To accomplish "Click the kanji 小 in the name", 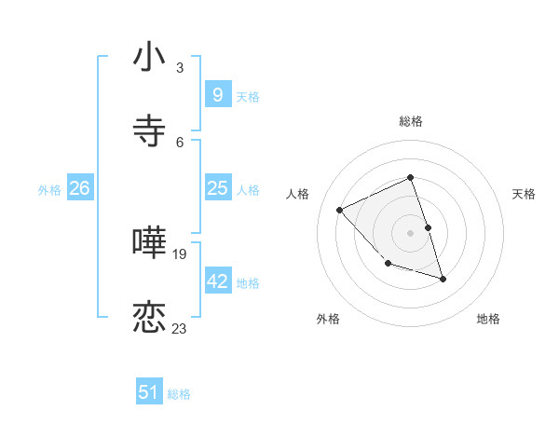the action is pyautogui.click(x=150, y=58).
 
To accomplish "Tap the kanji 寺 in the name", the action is pyautogui.click(x=150, y=130).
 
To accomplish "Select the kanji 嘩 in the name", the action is pyautogui.click(x=150, y=243).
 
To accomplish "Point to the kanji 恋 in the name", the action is pyautogui.click(x=150, y=317).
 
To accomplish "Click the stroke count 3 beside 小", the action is pyautogui.click(x=180, y=68).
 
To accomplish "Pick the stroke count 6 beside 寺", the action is pyautogui.click(x=180, y=141).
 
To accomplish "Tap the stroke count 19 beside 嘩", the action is pyautogui.click(x=180, y=253).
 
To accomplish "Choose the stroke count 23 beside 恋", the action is pyautogui.click(x=180, y=327).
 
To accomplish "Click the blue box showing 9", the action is pyautogui.click(x=217, y=94).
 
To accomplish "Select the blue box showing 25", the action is pyautogui.click(x=217, y=188).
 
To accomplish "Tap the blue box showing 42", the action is pyautogui.click(x=217, y=281).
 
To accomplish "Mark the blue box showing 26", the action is pyautogui.click(x=79, y=188).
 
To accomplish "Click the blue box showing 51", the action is pyautogui.click(x=149, y=392).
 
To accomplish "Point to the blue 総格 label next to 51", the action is pyautogui.click(x=179, y=394).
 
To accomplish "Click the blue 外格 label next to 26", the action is pyautogui.click(x=49, y=190).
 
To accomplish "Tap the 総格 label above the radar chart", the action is pyautogui.click(x=411, y=121).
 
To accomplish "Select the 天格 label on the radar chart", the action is pyautogui.click(x=525, y=194).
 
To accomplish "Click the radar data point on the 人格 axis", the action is pyautogui.click(x=340, y=210).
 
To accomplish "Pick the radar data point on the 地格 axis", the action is pyautogui.click(x=443, y=279).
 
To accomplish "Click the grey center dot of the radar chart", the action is pyautogui.click(x=411, y=233).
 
